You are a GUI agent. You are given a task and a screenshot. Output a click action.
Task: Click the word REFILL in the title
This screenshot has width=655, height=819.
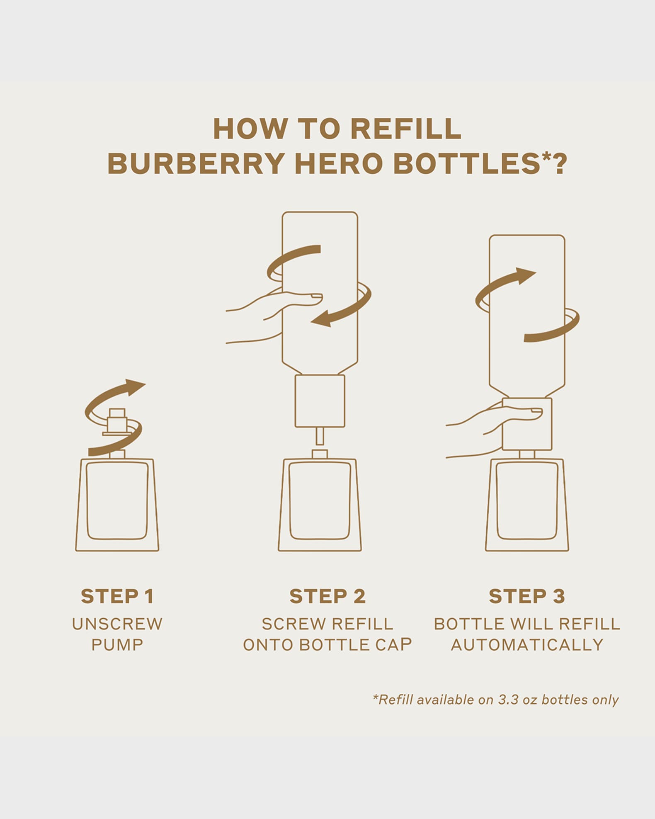(x=405, y=129)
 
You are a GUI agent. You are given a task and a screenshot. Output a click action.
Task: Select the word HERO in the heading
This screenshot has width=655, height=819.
(x=338, y=163)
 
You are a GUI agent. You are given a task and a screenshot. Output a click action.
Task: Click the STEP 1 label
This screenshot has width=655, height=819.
(x=117, y=596)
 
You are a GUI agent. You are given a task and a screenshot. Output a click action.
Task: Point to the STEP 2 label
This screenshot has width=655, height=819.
(x=327, y=596)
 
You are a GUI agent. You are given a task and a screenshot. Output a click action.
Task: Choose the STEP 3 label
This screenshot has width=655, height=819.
(x=526, y=596)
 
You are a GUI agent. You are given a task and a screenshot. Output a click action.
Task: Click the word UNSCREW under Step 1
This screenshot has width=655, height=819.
(x=117, y=624)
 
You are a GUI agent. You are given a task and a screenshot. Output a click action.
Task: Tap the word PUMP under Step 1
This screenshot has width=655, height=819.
(x=117, y=645)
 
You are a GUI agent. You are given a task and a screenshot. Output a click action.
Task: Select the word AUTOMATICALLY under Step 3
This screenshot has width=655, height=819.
(x=526, y=645)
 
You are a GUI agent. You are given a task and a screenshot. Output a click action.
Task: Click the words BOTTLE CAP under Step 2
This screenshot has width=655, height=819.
(x=355, y=645)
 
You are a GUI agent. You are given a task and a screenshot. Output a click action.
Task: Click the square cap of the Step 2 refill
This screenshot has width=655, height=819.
(x=320, y=401)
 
